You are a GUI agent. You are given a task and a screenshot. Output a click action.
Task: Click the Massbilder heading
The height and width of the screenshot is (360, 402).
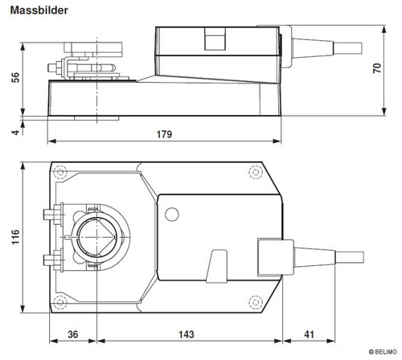39,10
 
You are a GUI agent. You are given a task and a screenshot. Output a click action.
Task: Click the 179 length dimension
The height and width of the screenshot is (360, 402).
164,134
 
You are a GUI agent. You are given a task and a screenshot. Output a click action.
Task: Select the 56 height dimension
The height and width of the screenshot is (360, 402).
15,77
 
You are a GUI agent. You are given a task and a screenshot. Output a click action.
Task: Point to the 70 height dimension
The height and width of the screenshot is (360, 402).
377,68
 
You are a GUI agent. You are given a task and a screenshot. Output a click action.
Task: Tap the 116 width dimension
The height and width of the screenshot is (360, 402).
15,237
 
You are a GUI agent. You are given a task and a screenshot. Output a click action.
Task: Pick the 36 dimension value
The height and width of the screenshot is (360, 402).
72,334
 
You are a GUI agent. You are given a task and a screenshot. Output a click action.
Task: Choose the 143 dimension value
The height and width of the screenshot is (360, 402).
187,334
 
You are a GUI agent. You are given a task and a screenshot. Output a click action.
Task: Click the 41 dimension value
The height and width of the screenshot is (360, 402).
309,334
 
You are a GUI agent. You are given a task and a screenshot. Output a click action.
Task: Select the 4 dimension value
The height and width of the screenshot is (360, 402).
16,133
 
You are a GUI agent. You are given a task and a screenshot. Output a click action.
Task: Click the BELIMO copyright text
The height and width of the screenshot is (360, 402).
383,352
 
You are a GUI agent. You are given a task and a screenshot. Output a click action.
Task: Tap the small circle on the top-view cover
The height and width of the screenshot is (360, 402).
172,215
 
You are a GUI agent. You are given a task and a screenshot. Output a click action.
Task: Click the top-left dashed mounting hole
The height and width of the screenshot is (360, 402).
60,172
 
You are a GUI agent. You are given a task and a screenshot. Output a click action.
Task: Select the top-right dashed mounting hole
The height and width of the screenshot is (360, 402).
256,172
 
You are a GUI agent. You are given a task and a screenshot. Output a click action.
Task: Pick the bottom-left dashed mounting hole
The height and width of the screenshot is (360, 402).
60,302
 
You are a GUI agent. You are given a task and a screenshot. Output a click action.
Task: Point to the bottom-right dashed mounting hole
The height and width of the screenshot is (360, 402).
256,302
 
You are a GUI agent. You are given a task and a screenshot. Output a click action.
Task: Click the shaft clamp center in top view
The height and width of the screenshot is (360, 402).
96,237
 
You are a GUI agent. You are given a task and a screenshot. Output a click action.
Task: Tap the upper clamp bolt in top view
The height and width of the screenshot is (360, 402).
53,214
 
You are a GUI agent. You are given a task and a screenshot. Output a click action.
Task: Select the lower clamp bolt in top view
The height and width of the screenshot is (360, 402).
53,260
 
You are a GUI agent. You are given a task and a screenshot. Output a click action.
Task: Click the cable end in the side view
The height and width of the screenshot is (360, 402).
348,47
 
